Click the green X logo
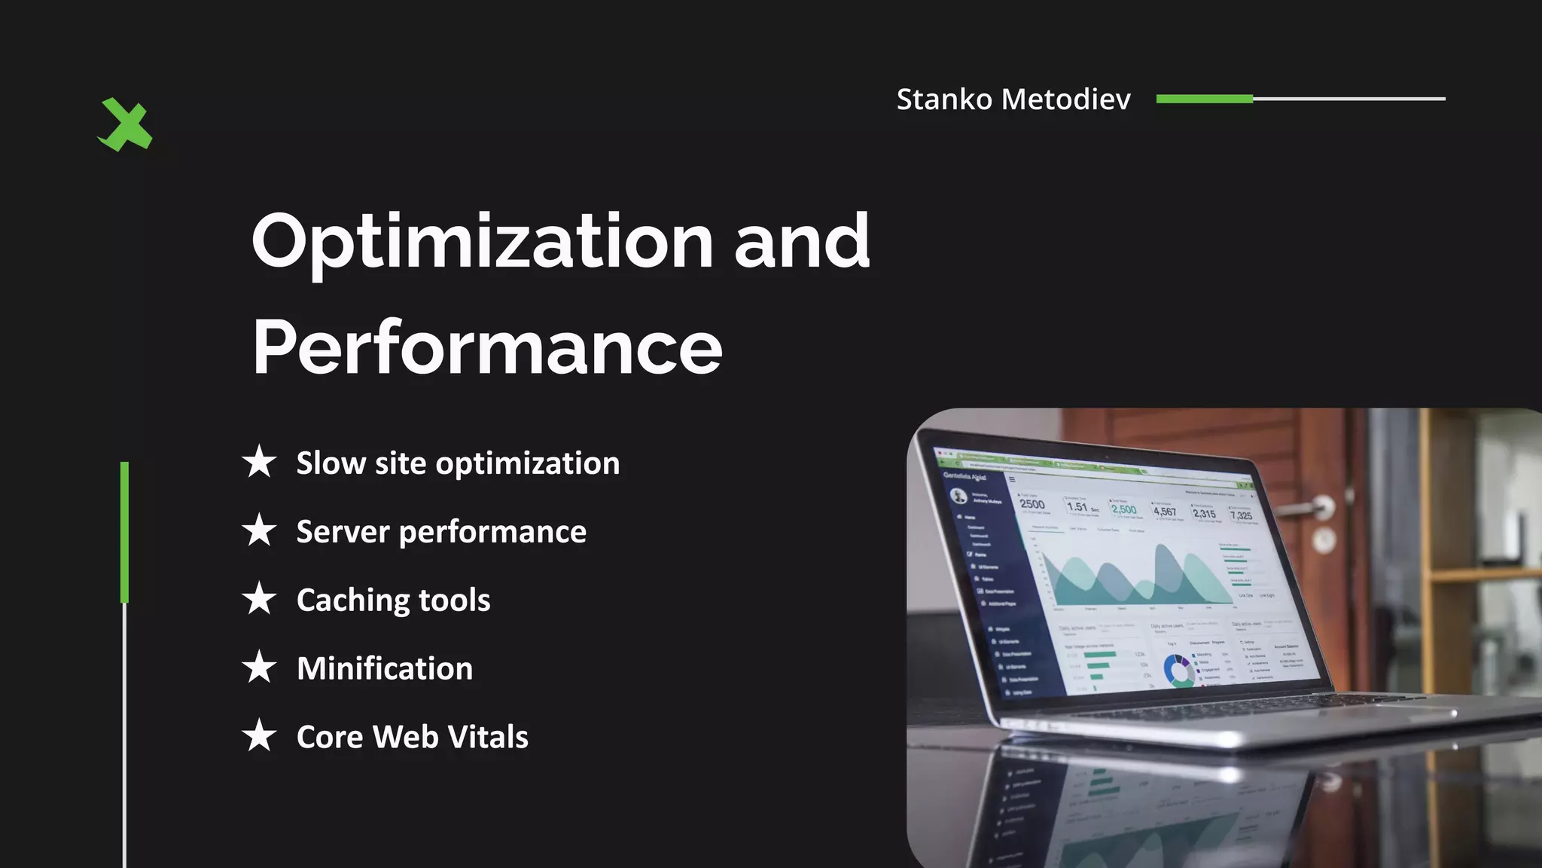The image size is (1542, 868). pyautogui.click(x=125, y=124)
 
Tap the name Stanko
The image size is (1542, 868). pyautogui.click(x=944, y=99)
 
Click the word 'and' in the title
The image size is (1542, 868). pyautogui.click(x=802, y=241)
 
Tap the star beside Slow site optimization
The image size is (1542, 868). pyautogui.click(x=260, y=461)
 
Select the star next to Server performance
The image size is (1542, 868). pyautogui.click(x=260, y=530)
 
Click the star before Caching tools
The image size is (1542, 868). pyautogui.click(x=260, y=599)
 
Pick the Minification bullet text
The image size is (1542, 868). pyautogui.click(x=385, y=668)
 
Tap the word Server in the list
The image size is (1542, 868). pyautogui.click(x=343, y=532)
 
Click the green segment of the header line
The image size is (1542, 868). pyautogui.click(x=1204, y=99)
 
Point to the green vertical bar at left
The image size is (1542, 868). pyautogui.click(x=124, y=532)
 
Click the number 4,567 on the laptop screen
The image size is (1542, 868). pyautogui.click(x=1164, y=512)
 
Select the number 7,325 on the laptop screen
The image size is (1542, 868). pyautogui.click(x=1241, y=515)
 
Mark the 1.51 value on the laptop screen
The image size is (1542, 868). pyautogui.click(x=1078, y=507)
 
